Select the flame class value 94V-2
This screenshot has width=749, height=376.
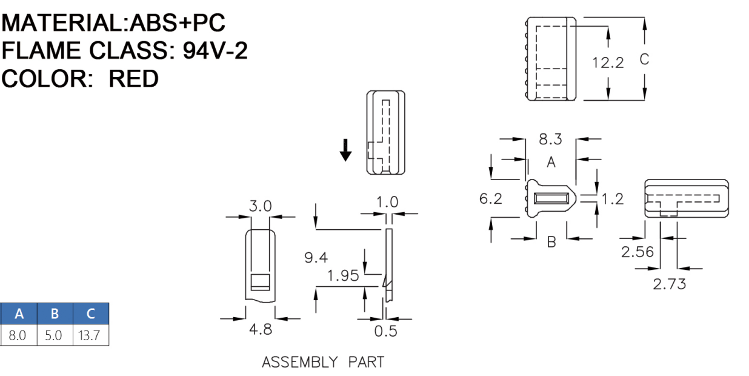point(215,51)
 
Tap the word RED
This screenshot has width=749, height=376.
point(133,79)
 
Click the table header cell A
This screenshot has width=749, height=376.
point(19,314)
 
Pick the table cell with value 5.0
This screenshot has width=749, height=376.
point(55,335)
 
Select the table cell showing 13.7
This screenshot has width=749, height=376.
point(90,335)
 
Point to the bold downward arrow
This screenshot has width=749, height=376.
point(345,150)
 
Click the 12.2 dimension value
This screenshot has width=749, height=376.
point(608,62)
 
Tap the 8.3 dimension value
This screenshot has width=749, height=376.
point(550,139)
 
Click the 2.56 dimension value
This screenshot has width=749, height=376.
point(637,252)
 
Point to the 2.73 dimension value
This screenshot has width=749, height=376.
point(669,283)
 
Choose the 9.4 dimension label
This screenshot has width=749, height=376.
point(316,258)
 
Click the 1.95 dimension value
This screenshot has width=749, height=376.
point(342,277)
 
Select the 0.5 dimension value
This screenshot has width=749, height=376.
point(385,331)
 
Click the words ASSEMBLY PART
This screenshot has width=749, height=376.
point(323,363)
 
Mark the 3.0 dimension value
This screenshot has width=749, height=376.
point(261,206)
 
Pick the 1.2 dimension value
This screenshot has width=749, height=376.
point(613,198)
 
